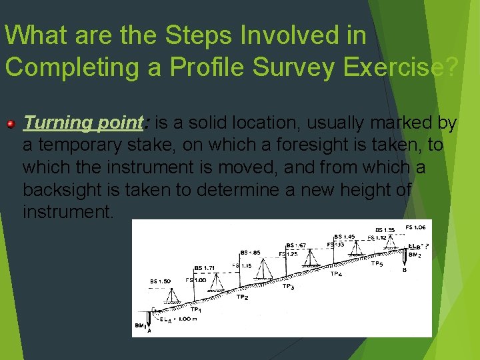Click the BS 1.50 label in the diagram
tap(160, 281)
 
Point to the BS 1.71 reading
tap(205, 268)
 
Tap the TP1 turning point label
tap(196, 309)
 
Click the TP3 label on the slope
tap(287, 287)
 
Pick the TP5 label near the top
tap(377, 263)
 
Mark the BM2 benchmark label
tap(415, 255)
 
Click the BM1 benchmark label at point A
tap(140, 326)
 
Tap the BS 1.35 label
tap(385, 230)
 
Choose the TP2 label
tap(242, 297)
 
